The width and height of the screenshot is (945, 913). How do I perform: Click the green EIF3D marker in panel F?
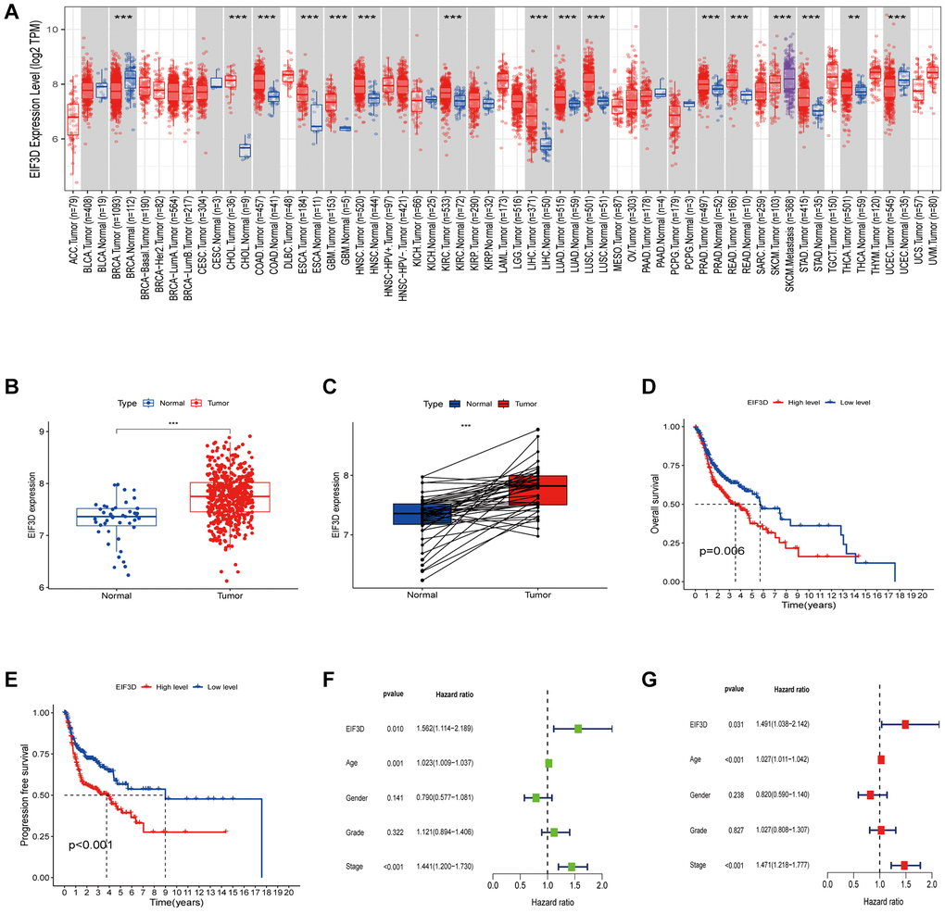tap(578, 729)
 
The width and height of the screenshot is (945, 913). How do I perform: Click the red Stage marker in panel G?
tap(904, 865)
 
